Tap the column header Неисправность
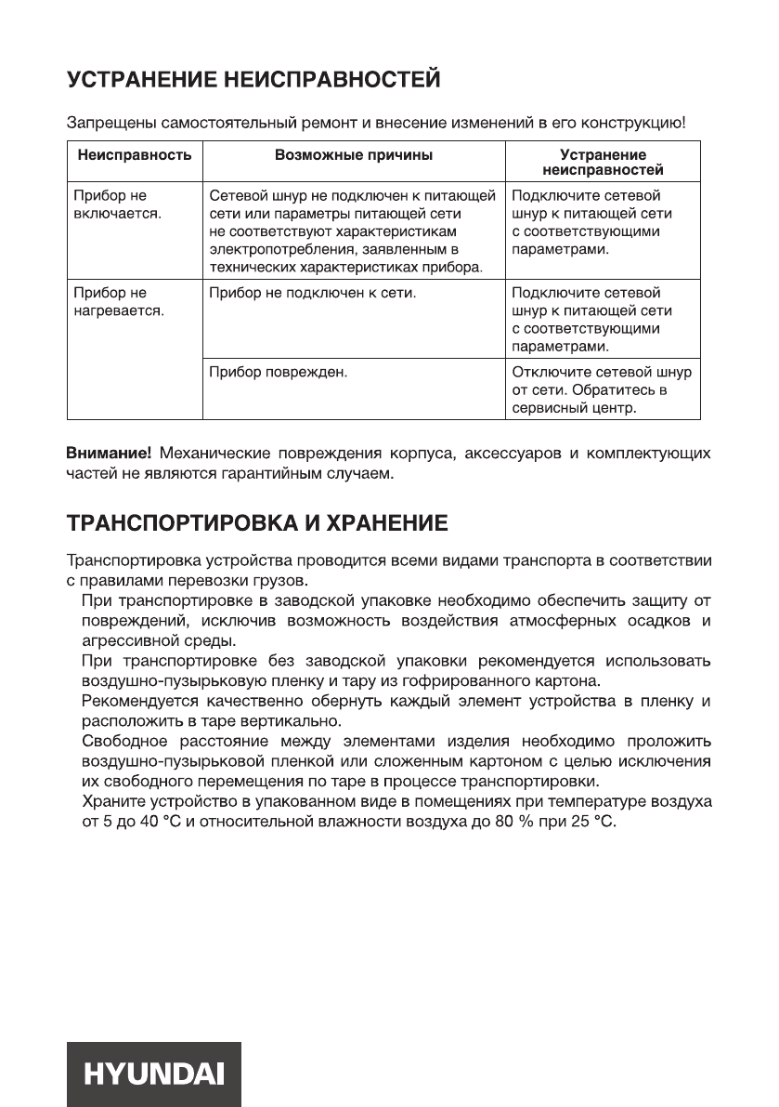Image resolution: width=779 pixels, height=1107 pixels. tap(134, 155)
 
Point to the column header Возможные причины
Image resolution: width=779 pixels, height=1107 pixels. tap(354, 155)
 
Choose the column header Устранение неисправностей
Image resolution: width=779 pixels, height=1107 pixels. tap(603, 163)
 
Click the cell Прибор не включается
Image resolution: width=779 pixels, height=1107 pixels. tap(116, 205)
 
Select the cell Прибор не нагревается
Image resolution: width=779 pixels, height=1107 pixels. tap(118, 302)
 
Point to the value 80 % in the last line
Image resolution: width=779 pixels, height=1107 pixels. tap(531, 824)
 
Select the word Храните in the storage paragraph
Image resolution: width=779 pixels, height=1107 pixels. tap(112, 800)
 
